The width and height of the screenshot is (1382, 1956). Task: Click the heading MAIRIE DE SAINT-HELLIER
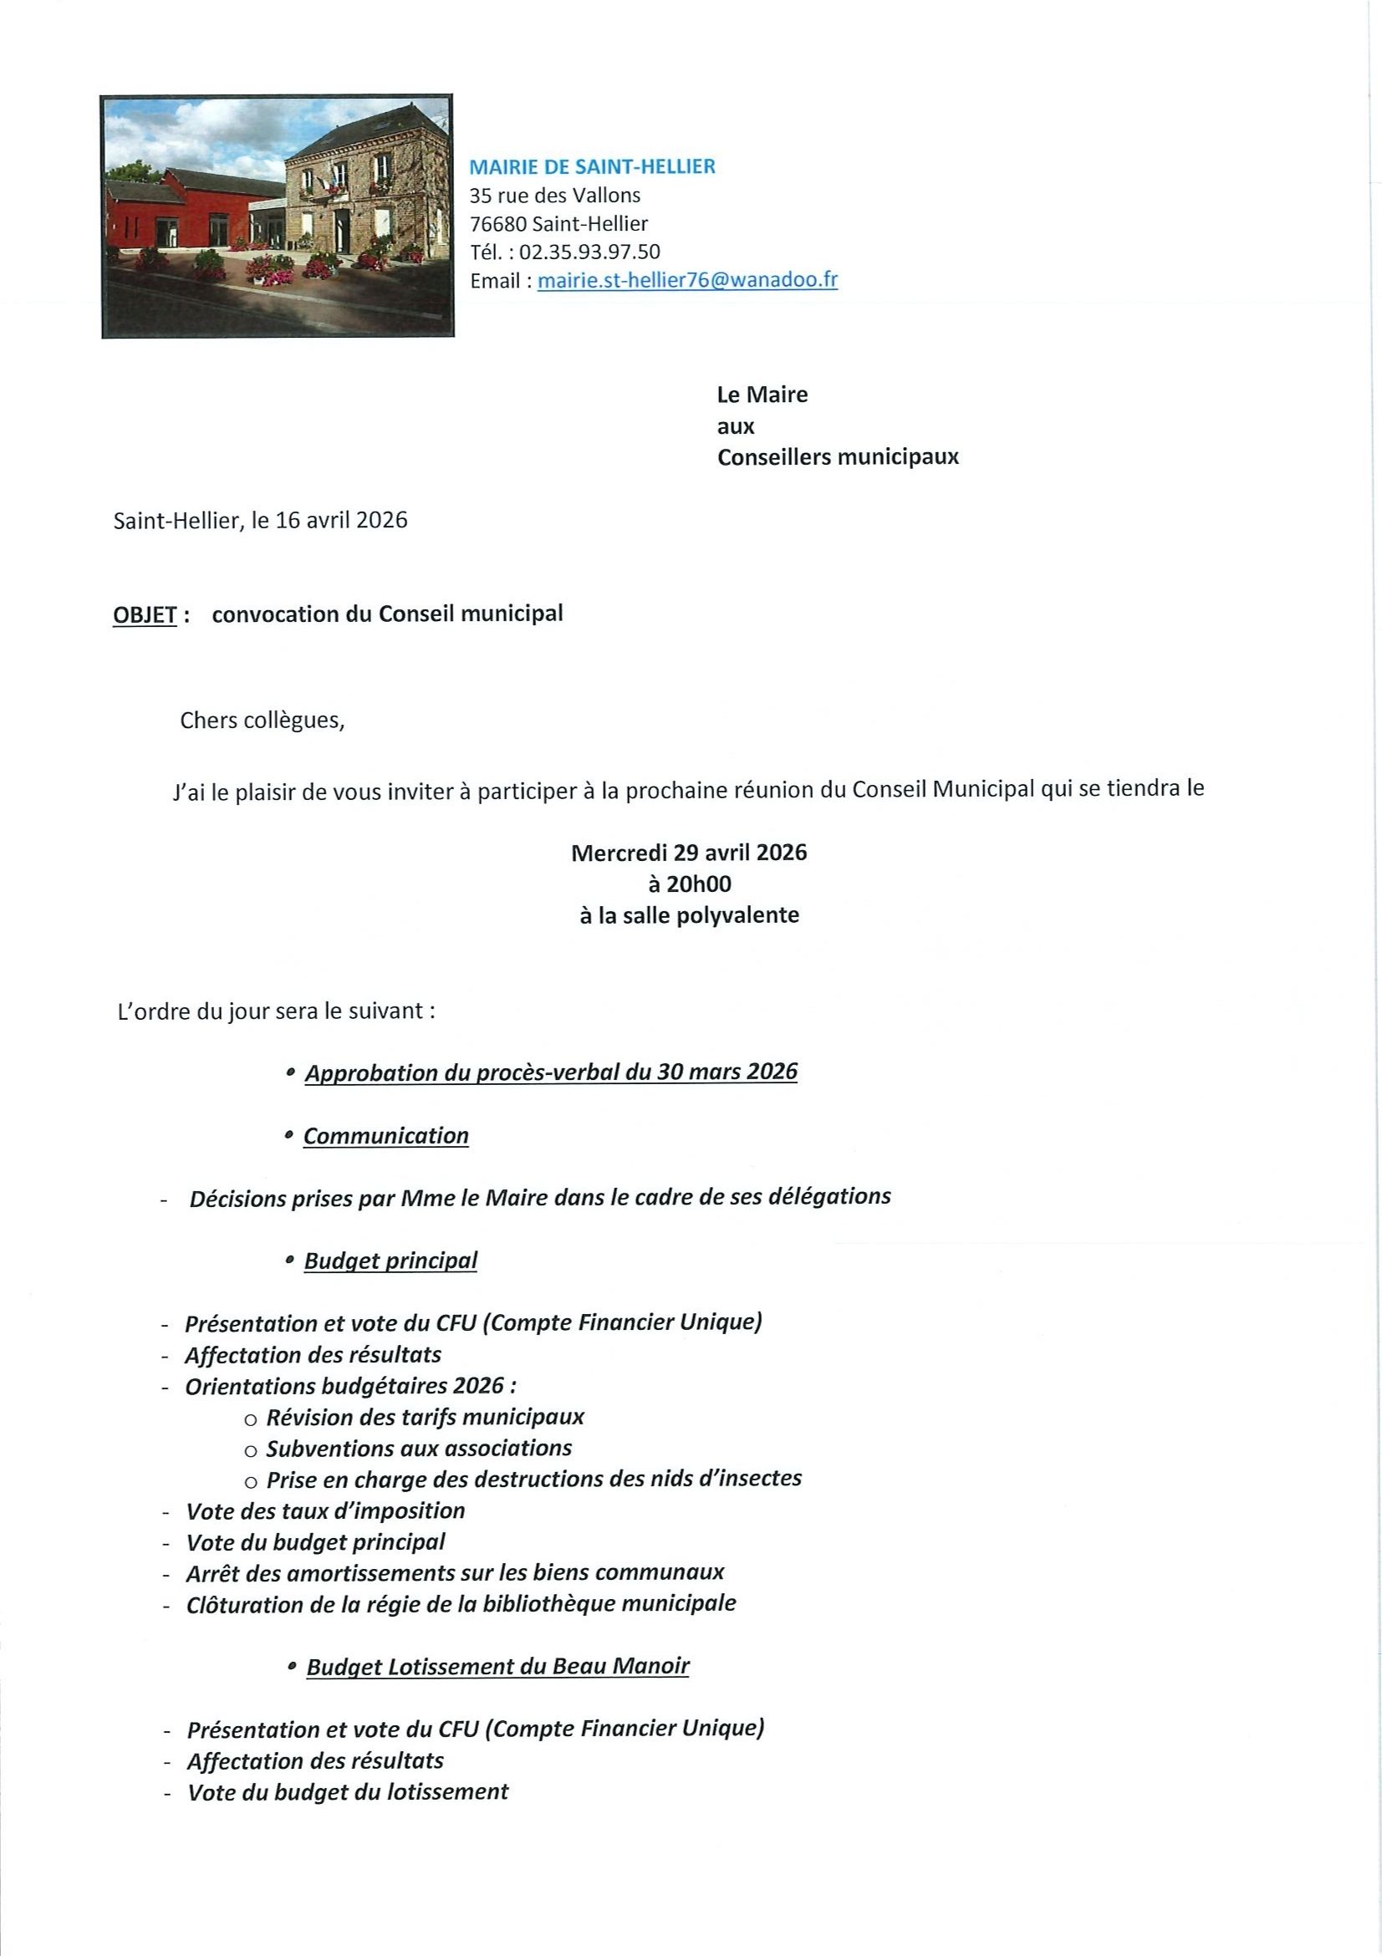pyautogui.click(x=592, y=167)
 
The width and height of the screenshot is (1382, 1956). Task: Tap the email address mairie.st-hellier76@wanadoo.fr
pyautogui.click(x=687, y=280)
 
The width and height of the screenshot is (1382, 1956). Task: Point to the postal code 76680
pyautogui.click(x=497, y=224)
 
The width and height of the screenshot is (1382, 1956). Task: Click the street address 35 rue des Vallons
pyautogui.click(x=554, y=195)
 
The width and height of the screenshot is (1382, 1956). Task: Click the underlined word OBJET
pyautogui.click(x=144, y=614)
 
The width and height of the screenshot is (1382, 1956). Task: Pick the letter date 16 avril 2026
pyautogui.click(x=342, y=520)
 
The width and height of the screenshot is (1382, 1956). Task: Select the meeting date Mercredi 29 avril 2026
pyautogui.click(x=688, y=852)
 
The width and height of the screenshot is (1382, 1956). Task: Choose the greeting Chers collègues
pyautogui.click(x=263, y=721)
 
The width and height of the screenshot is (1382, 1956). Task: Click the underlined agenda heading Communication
pyautogui.click(x=386, y=1136)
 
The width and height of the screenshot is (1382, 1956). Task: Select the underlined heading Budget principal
pyautogui.click(x=390, y=1260)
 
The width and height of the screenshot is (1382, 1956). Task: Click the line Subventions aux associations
pyautogui.click(x=418, y=1448)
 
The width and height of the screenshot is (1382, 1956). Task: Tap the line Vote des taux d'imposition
pyautogui.click(x=325, y=1510)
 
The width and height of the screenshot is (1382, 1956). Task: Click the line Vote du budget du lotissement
pyautogui.click(x=348, y=1791)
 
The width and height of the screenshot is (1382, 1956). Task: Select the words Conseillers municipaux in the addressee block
pyautogui.click(x=838, y=457)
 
